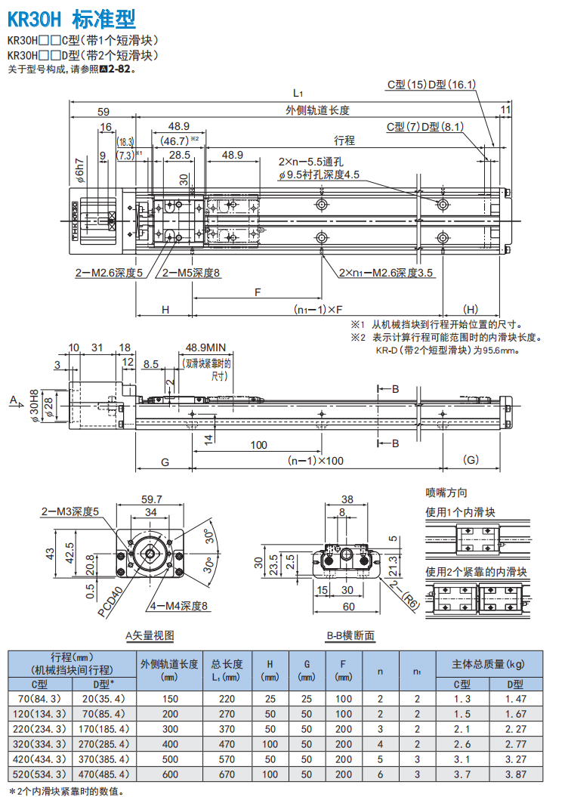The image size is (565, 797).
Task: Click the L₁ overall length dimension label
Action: point(298,93)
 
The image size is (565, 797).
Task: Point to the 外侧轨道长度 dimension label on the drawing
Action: point(317,110)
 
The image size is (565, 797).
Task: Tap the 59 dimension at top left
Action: point(103,111)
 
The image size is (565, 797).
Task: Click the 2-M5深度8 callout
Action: point(187,273)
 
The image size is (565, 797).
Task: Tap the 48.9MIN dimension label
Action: point(207,348)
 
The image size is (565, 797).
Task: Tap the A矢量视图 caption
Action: point(154,636)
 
